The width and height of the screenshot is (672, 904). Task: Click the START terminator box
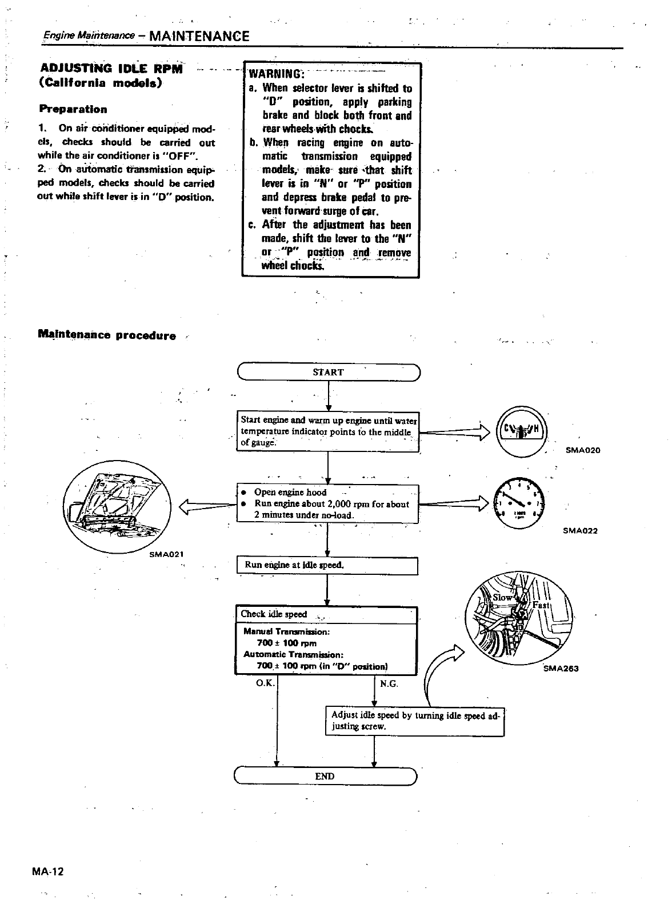point(328,372)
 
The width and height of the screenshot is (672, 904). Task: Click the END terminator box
point(325,776)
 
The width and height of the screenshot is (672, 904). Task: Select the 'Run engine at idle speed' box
point(327,565)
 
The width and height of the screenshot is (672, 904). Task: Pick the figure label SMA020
point(583,450)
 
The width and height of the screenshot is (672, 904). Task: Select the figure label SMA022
point(580,531)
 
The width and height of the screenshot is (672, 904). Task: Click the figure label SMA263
point(561,669)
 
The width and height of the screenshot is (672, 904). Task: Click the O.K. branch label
point(266,683)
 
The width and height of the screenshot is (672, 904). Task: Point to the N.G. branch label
point(389,683)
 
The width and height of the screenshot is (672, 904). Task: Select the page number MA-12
point(49,872)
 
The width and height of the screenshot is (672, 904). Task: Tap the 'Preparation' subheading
point(73,109)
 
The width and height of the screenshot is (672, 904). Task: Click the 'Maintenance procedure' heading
point(106,335)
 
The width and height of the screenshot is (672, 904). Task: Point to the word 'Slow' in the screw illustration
point(503,597)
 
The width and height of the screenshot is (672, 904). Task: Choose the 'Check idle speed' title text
point(274,614)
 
